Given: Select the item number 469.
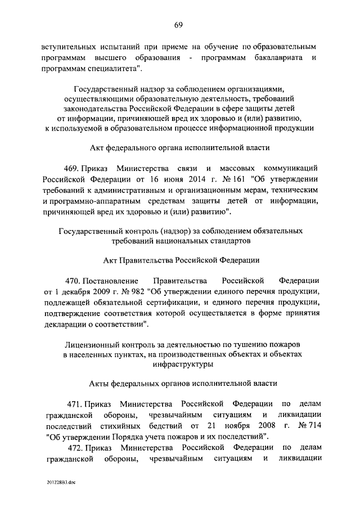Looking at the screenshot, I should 74,168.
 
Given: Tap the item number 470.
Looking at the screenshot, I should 74,280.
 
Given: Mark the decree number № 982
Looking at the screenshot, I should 132,291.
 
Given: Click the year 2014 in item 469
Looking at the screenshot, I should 160,179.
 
